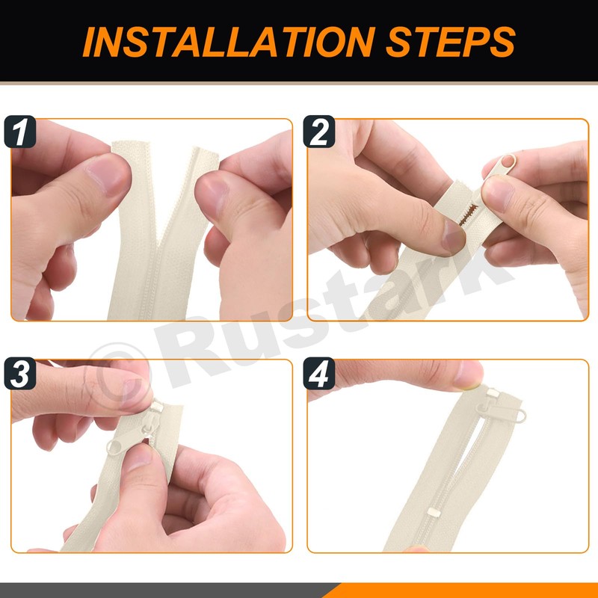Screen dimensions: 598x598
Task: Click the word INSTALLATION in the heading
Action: pyautogui.click(x=229, y=42)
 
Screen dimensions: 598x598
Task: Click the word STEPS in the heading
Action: pyautogui.click(x=451, y=42)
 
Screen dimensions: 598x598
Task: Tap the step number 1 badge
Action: pyautogui.click(x=20, y=132)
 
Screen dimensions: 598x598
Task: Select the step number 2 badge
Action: pyautogui.click(x=319, y=132)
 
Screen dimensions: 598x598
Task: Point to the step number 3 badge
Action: pyautogui.click(x=20, y=373)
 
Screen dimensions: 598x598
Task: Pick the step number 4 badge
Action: pyautogui.click(x=319, y=373)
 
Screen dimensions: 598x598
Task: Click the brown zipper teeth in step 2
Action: pyautogui.click(x=469, y=215)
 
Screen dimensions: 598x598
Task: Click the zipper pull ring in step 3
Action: pyautogui.click(x=114, y=448)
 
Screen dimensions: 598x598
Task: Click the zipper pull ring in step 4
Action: pyautogui.click(x=520, y=416)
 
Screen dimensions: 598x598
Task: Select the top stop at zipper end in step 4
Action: pyautogui.click(x=493, y=392)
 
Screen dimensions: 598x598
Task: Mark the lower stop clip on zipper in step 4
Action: pyautogui.click(x=434, y=513)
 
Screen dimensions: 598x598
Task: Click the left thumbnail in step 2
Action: pyautogui.click(x=454, y=236)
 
